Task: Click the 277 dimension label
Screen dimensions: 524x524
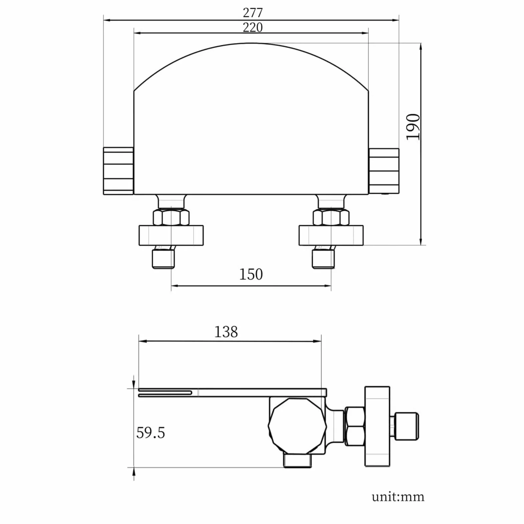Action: pyautogui.click(x=253, y=13)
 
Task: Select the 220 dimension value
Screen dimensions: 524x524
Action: pyautogui.click(x=253, y=27)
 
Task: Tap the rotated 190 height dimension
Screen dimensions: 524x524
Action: pyautogui.click(x=413, y=127)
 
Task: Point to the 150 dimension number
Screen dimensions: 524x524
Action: pyautogui.click(x=251, y=274)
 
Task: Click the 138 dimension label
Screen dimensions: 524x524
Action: pyautogui.click(x=226, y=332)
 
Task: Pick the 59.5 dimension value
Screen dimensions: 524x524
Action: pyautogui.click(x=151, y=433)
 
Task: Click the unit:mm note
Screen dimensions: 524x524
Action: pyautogui.click(x=398, y=497)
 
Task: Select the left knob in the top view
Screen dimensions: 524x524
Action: pyautogui.click(x=118, y=171)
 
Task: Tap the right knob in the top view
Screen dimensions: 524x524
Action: pyautogui.click(x=384, y=171)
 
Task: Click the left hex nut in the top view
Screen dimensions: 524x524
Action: pyautogui.click(x=171, y=217)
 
